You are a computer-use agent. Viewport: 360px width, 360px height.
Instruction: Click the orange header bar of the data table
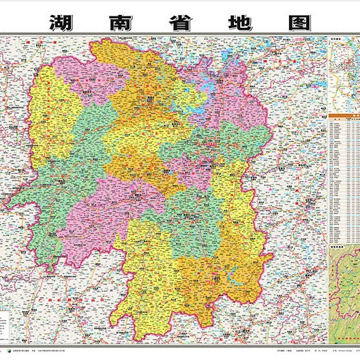[344, 117]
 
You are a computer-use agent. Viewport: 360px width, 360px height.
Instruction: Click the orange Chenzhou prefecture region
[218, 280]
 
